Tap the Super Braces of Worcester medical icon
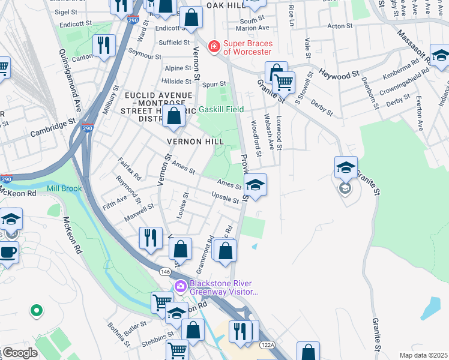click(x=212, y=46)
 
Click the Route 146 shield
click(x=164, y=272)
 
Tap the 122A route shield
click(x=268, y=345)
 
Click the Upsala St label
click(x=225, y=197)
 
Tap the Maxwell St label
click(x=139, y=211)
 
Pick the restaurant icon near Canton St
click(x=103, y=45)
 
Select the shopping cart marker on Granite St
click(x=284, y=81)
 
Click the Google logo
click(x=20, y=353)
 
